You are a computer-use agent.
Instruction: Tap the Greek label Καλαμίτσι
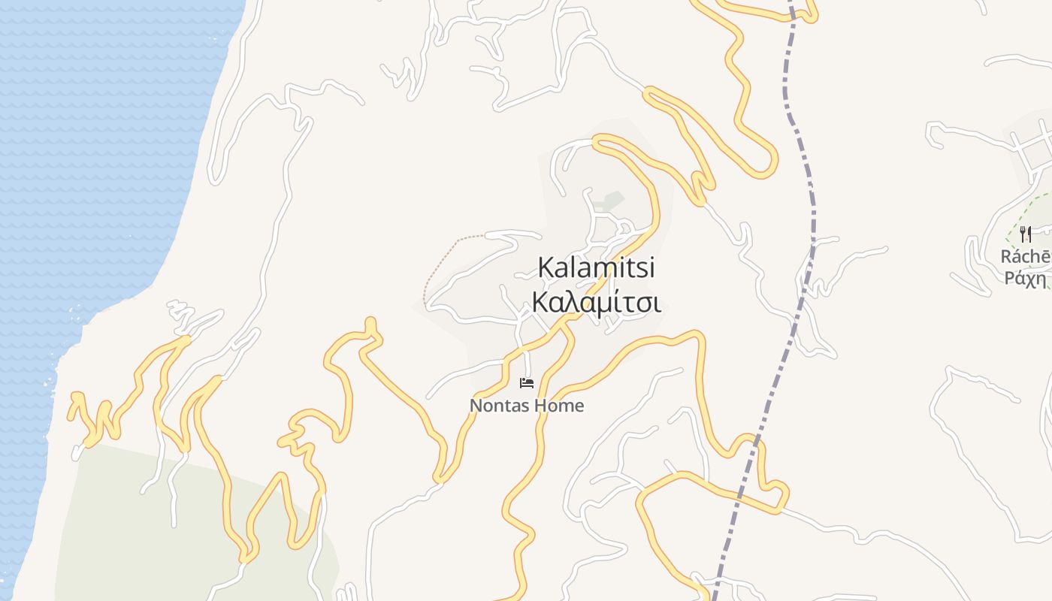pos(596,303)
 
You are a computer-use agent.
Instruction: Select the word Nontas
pos(497,406)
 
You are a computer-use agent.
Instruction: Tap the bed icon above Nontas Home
pos(527,383)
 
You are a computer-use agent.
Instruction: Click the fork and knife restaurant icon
pos(1026,235)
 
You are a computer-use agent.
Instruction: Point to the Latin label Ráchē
pos(1026,257)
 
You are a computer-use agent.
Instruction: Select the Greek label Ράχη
pos(1026,279)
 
